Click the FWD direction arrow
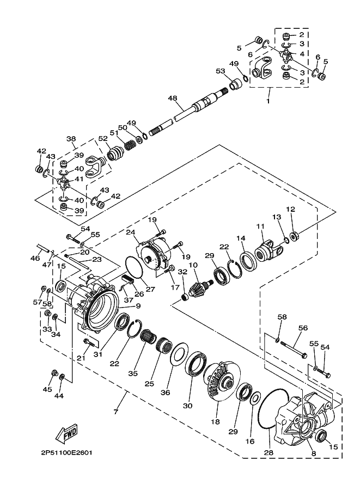pyautogui.click(x=66, y=434)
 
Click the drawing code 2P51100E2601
pyautogui.click(x=66, y=452)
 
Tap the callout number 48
pyautogui.click(x=173, y=99)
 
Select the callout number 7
pyautogui.click(x=115, y=412)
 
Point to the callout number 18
pyautogui.click(x=215, y=421)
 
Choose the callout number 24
pyautogui.click(x=131, y=232)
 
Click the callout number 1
pyautogui.click(x=268, y=101)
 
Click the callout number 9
pyautogui.click(x=138, y=306)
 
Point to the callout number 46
pyautogui.click(x=35, y=259)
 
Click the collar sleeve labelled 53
pyautogui.click(x=236, y=85)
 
